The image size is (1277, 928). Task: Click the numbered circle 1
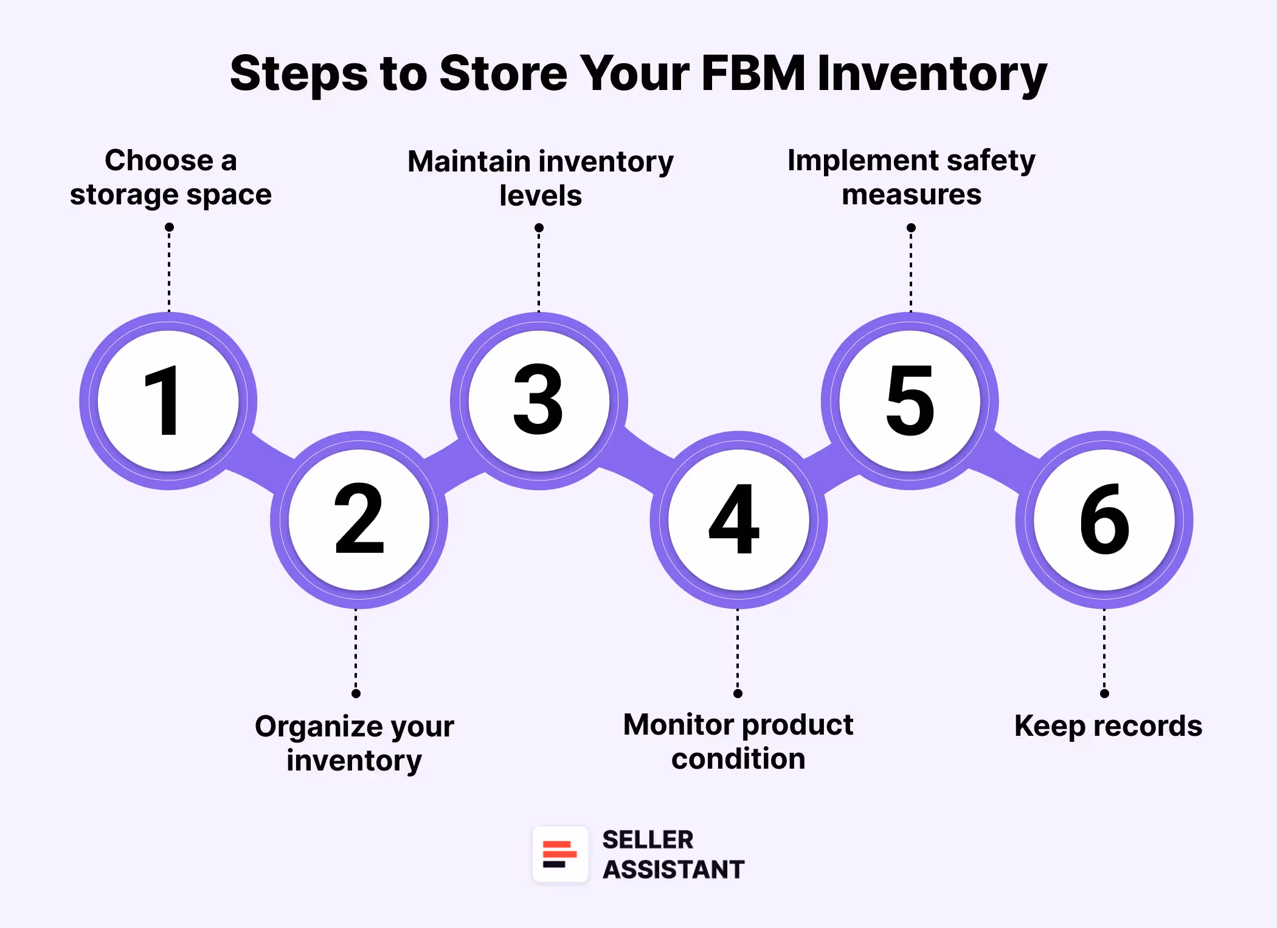(x=168, y=401)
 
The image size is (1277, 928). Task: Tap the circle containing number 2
(x=359, y=519)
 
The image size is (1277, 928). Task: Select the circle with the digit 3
(x=539, y=401)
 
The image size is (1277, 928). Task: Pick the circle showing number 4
(x=738, y=519)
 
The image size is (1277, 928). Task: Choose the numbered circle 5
(x=910, y=401)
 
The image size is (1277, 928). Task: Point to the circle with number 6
(x=1104, y=519)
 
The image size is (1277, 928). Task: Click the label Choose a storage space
(x=170, y=177)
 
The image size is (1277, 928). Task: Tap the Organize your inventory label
(x=355, y=743)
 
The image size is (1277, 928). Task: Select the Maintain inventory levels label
(x=540, y=178)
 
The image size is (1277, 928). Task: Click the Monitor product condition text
(x=738, y=741)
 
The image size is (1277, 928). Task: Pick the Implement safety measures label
(x=911, y=177)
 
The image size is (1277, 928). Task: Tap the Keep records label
(x=1108, y=725)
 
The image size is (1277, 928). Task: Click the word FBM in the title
(x=753, y=73)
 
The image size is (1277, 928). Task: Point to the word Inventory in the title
(x=932, y=74)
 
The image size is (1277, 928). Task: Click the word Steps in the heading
(x=299, y=74)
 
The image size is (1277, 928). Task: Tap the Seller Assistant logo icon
(x=560, y=854)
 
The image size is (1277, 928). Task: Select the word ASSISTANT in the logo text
(x=673, y=870)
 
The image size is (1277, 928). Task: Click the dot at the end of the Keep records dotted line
(x=1104, y=693)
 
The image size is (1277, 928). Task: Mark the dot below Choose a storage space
(x=169, y=227)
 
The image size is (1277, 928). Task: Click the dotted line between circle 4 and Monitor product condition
(x=738, y=651)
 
